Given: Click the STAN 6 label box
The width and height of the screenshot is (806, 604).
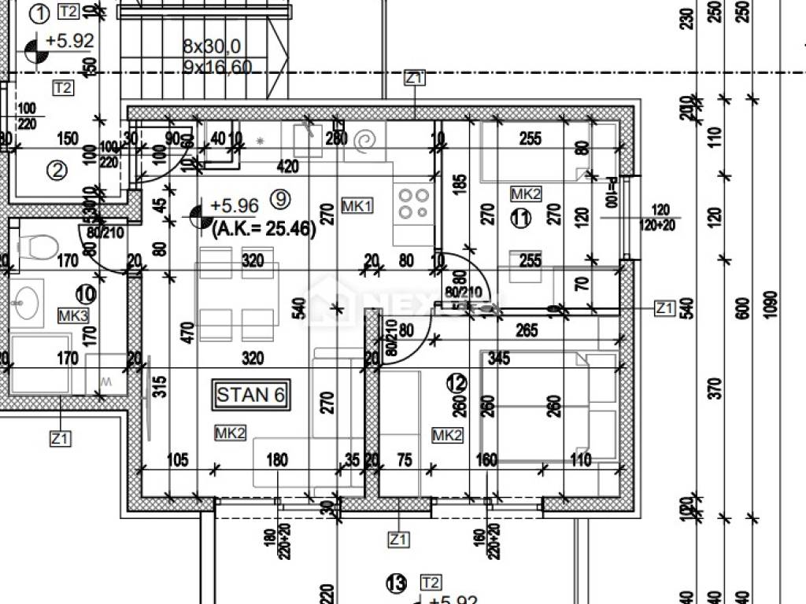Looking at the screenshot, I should [x=250, y=395].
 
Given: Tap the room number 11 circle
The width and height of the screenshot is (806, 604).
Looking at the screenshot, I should [x=519, y=219].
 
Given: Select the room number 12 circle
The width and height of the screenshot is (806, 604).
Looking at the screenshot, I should [x=457, y=383].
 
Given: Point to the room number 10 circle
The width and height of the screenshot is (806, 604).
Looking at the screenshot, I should [x=86, y=295].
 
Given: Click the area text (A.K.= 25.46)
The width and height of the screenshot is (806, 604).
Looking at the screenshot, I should [x=264, y=230].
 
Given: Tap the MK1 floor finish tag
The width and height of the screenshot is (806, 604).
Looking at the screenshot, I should [x=357, y=206].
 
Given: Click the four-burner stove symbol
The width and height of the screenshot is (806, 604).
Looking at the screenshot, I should [x=414, y=203].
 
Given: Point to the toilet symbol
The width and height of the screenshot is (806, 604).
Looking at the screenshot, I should [x=36, y=245].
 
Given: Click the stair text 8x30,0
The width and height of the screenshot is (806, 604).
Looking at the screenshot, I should [x=212, y=46].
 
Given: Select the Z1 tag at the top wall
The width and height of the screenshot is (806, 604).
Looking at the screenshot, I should [x=415, y=78].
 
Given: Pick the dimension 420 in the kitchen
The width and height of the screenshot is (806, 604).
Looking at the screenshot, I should [x=287, y=166].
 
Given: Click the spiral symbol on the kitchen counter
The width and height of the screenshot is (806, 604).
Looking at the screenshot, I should [x=367, y=142].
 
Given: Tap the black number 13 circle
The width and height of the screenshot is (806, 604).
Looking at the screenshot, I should [x=396, y=584].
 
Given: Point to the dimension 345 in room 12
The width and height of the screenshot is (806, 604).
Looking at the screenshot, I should [x=498, y=359].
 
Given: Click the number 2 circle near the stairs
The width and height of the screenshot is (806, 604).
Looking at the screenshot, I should [x=56, y=169].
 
